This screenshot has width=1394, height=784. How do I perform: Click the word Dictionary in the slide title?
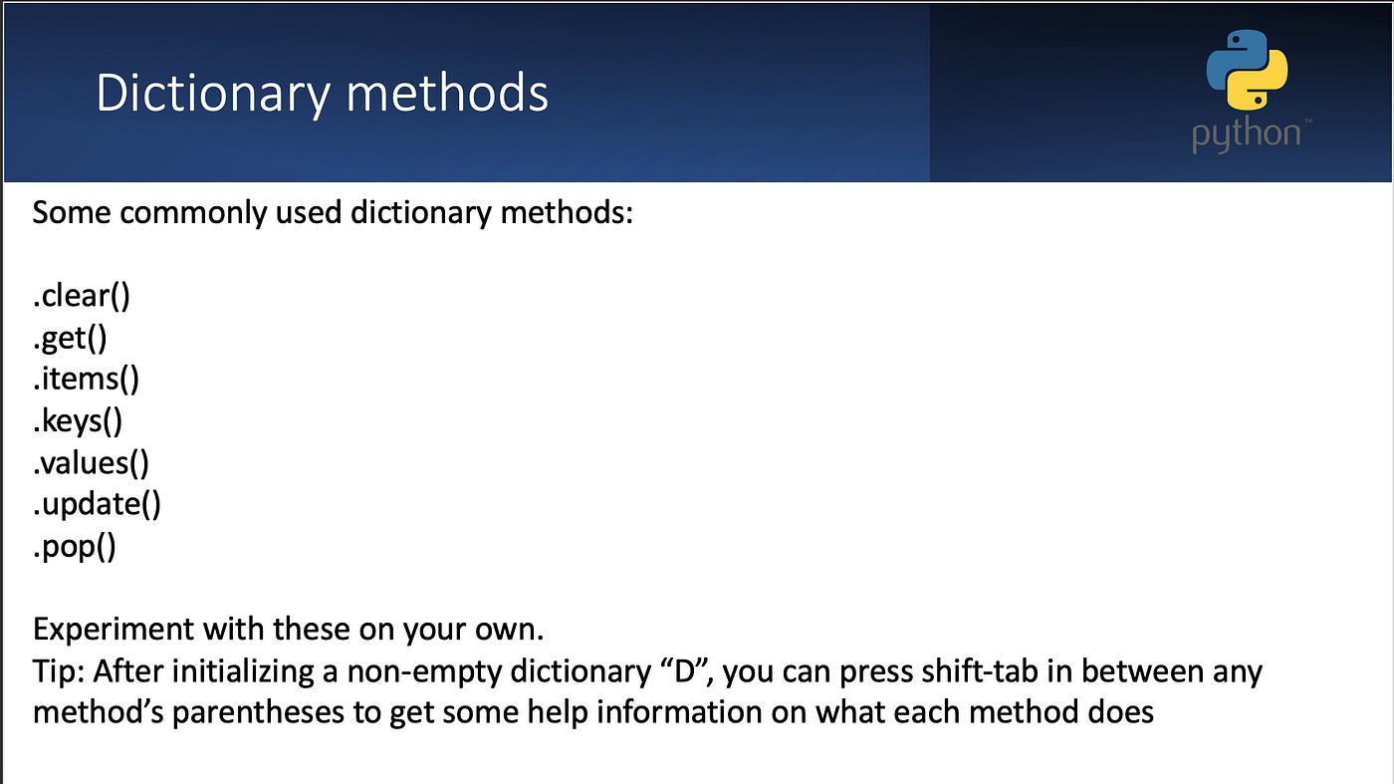click(x=212, y=95)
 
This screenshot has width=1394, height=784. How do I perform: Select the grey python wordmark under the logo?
click(x=1246, y=134)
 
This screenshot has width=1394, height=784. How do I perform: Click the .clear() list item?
click(x=82, y=297)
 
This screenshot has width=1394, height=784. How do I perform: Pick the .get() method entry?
click(x=70, y=339)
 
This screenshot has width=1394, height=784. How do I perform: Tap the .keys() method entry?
click(x=78, y=421)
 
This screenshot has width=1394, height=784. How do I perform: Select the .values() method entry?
click(x=91, y=463)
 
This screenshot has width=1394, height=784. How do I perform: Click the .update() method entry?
click(x=97, y=504)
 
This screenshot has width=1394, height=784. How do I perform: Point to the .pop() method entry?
click(x=75, y=546)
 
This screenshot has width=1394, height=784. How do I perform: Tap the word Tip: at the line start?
click(x=59, y=671)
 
